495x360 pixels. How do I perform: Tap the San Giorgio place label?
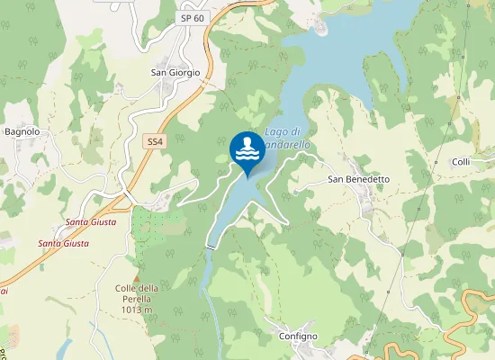175,73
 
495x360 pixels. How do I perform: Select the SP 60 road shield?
192,18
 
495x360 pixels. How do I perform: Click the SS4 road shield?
156,141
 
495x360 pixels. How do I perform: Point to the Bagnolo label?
22,131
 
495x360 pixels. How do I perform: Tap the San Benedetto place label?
358,179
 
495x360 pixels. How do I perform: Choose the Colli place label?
461,162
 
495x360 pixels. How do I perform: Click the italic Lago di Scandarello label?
286,139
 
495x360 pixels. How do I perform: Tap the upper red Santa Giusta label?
90,221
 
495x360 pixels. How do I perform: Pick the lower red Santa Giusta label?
63,243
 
